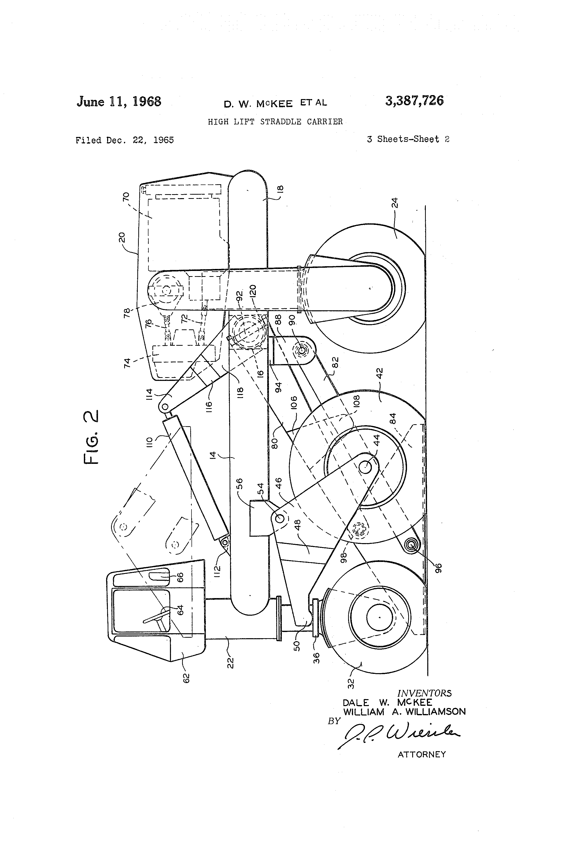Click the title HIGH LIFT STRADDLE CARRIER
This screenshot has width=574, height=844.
275,122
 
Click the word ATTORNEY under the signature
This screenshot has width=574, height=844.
422,754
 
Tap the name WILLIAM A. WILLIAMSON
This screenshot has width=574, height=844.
404,712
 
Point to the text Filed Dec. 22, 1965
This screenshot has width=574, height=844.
124,140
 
